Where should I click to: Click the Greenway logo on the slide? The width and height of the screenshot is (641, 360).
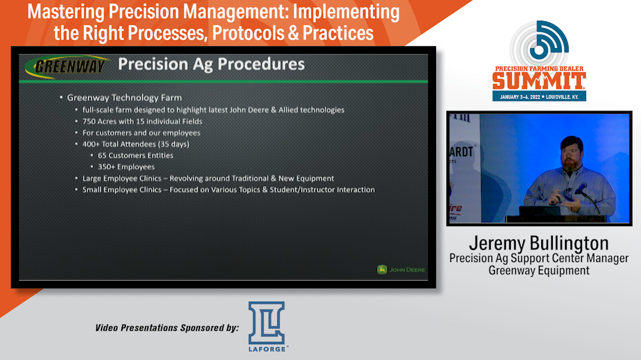(67, 67)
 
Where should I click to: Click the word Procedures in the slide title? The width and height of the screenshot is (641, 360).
(261, 64)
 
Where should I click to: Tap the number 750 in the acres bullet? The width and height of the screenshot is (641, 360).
(89, 122)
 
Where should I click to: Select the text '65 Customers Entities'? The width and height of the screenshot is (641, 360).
(135, 155)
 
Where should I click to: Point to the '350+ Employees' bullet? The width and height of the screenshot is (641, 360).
(126, 167)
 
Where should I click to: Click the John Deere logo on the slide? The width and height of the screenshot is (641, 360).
(401, 269)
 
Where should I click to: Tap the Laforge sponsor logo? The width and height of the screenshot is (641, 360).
(268, 327)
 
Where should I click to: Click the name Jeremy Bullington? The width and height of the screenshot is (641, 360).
(539, 243)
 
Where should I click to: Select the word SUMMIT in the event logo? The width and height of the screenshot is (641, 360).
(539, 81)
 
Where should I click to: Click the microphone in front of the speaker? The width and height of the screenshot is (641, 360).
(580, 189)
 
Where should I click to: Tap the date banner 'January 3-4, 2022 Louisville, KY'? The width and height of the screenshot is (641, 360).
(539, 97)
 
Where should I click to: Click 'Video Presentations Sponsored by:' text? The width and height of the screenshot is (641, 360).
(167, 328)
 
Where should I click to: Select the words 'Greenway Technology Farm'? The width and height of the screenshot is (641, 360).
(124, 98)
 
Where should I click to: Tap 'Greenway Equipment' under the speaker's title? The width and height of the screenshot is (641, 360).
(539, 271)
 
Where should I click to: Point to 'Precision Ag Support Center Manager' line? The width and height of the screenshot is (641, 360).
(539, 258)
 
